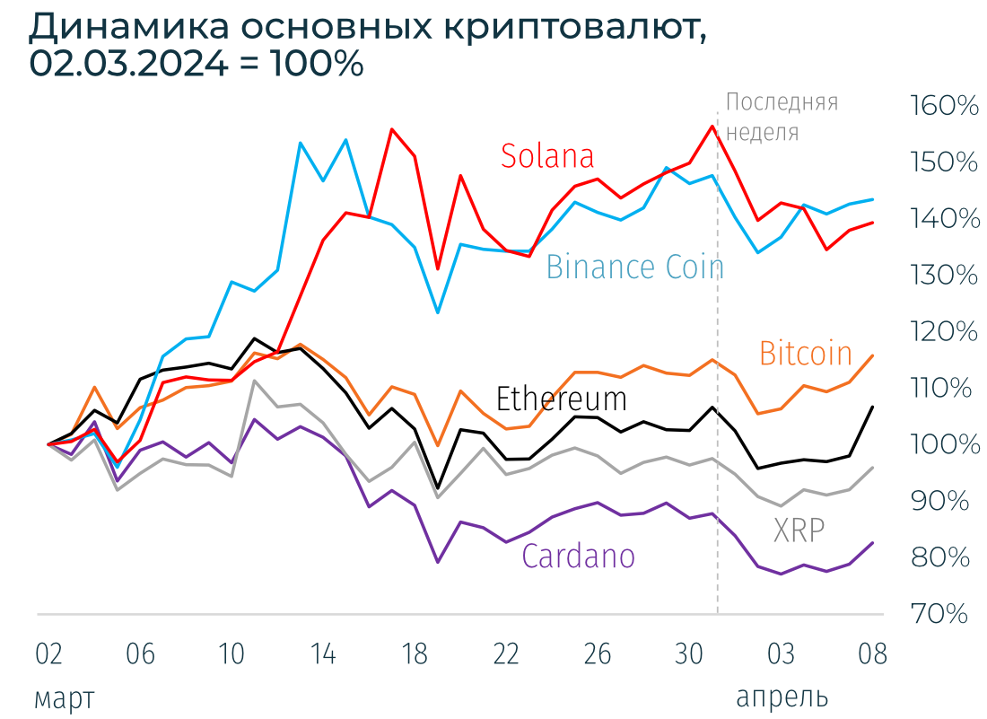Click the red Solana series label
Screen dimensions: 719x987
[547, 156]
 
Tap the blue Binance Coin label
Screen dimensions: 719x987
[634, 267]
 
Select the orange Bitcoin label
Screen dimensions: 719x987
[805, 353]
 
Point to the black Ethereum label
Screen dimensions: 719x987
[561, 398]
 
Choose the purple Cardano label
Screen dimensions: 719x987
[578, 557]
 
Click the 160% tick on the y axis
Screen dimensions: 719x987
[943, 106]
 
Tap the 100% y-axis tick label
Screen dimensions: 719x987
[943, 445]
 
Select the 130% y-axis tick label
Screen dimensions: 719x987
[943, 276]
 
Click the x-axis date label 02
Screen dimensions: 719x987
[48, 654]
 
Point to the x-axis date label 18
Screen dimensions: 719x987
[414, 654]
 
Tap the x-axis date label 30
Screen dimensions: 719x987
[688, 654]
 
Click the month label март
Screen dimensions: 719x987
[64, 697]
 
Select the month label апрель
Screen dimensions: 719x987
[782, 697]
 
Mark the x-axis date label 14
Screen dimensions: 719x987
[323, 654]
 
